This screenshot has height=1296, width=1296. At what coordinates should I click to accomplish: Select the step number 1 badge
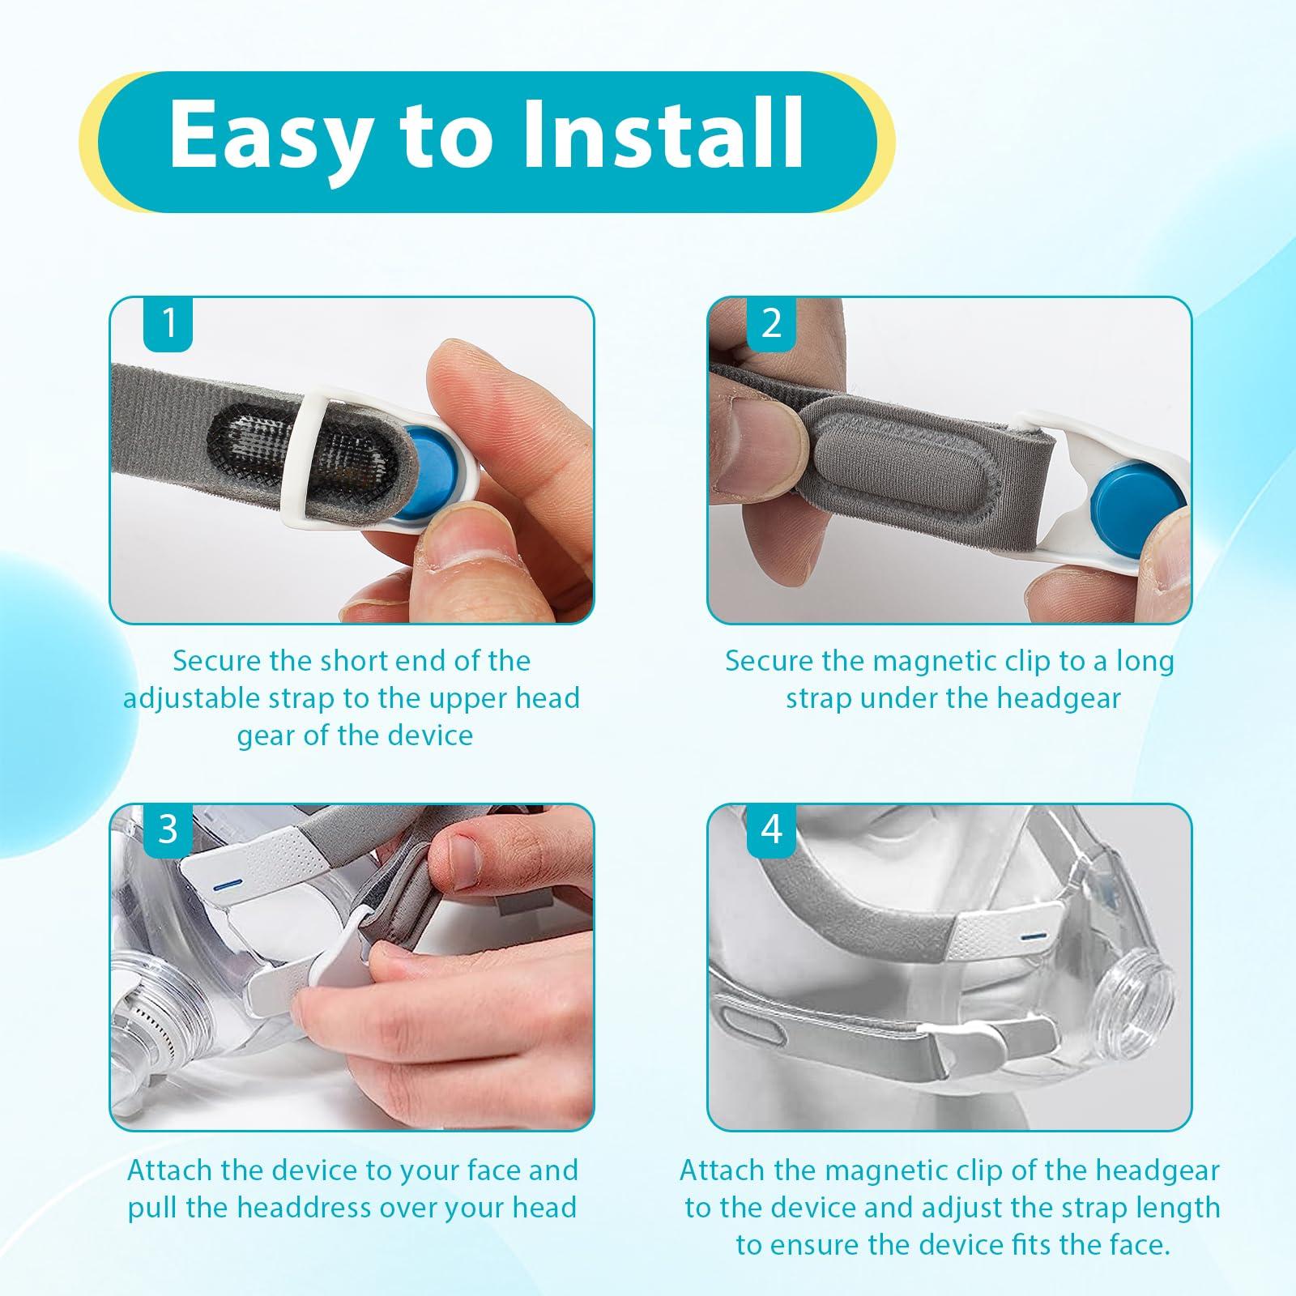(168, 324)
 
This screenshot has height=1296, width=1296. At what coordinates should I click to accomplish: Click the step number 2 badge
(772, 324)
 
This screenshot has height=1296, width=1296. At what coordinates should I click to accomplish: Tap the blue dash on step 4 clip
(1032, 936)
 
